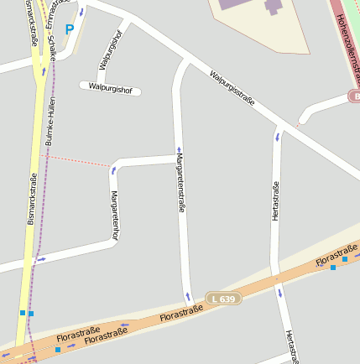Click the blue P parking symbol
point(70,29)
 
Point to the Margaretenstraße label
point(180,188)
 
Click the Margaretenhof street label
point(115,215)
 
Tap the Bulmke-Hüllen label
point(51,122)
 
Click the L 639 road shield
point(225,298)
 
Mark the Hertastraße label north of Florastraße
point(275,201)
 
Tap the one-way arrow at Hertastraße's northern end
point(278,135)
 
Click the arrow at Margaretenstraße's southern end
point(188,296)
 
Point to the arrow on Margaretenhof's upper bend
point(113,171)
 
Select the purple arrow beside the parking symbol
point(81,12)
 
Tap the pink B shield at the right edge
point(354,96)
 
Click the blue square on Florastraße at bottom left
point(58,349)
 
